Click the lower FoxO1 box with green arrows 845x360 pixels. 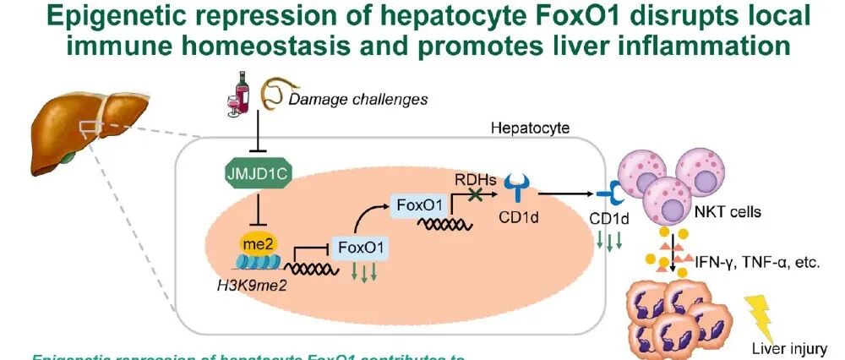click(361, 248)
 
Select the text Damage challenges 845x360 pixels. click(358, 100)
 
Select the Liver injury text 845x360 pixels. click(788, 347)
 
